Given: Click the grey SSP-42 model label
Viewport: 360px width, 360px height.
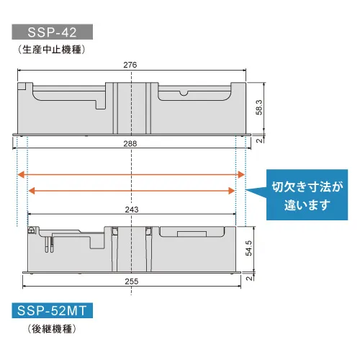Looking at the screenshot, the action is point(53,32).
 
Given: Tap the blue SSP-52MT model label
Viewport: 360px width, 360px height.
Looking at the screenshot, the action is point(53,310).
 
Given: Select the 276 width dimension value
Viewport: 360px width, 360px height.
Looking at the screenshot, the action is point(130,65).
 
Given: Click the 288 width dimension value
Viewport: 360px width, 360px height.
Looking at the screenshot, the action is point(130,144).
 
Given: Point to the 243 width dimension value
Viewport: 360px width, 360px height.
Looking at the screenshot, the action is point(132,210).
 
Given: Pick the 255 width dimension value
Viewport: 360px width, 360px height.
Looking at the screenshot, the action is point(132,282).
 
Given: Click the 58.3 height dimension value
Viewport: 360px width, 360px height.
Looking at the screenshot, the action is point(259,107).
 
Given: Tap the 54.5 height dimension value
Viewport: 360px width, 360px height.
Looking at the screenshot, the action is point(249,248).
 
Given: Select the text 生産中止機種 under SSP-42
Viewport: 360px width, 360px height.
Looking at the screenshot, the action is point(52,50).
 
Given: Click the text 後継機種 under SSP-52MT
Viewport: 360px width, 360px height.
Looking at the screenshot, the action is point(52,329).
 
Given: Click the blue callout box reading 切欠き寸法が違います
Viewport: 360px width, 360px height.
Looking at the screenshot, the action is point(307,195).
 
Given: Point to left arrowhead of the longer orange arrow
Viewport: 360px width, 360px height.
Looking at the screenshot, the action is point(21,174).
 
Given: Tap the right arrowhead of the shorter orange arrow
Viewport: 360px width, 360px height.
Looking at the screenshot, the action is point(231,191).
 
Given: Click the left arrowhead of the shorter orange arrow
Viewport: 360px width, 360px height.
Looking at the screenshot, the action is point(32,191).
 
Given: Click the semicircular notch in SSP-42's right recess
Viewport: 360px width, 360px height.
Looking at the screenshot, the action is point(184,94).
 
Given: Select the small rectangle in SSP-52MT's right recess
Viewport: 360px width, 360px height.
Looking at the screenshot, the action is point(192,234).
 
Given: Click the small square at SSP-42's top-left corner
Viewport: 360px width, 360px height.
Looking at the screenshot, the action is point(22,86).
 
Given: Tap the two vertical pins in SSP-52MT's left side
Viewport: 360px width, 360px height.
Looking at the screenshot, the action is point(49,244).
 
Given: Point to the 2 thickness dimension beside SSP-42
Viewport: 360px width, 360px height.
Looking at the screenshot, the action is point(259,140).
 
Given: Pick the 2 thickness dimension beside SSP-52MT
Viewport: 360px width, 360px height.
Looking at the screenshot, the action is point(249,278).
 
